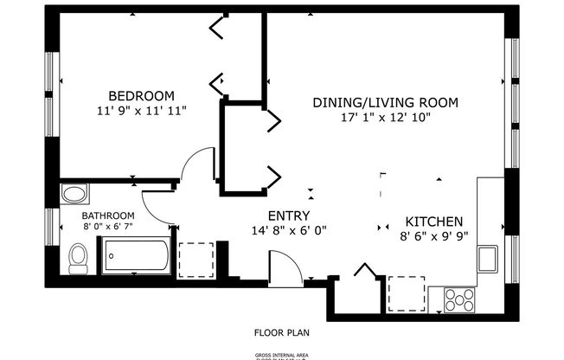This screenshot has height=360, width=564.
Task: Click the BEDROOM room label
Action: (141, 95)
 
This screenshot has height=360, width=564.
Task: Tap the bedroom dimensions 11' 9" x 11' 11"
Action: (141, 110)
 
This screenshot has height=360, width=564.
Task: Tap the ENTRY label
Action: (289, 216)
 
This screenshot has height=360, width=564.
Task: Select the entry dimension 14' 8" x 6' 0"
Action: (289, 230)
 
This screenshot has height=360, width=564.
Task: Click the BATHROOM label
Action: (108, 215)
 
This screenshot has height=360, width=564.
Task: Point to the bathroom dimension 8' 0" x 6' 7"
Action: (108, 227)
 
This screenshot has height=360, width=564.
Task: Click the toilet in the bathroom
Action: (79, 256)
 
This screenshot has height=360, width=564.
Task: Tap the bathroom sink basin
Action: (75, 193)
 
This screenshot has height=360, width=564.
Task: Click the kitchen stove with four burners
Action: (459, 299)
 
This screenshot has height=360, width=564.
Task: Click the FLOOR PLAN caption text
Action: (282, 331)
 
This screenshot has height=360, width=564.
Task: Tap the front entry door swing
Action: (285, 266)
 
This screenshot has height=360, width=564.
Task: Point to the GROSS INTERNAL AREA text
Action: (282, 355)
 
